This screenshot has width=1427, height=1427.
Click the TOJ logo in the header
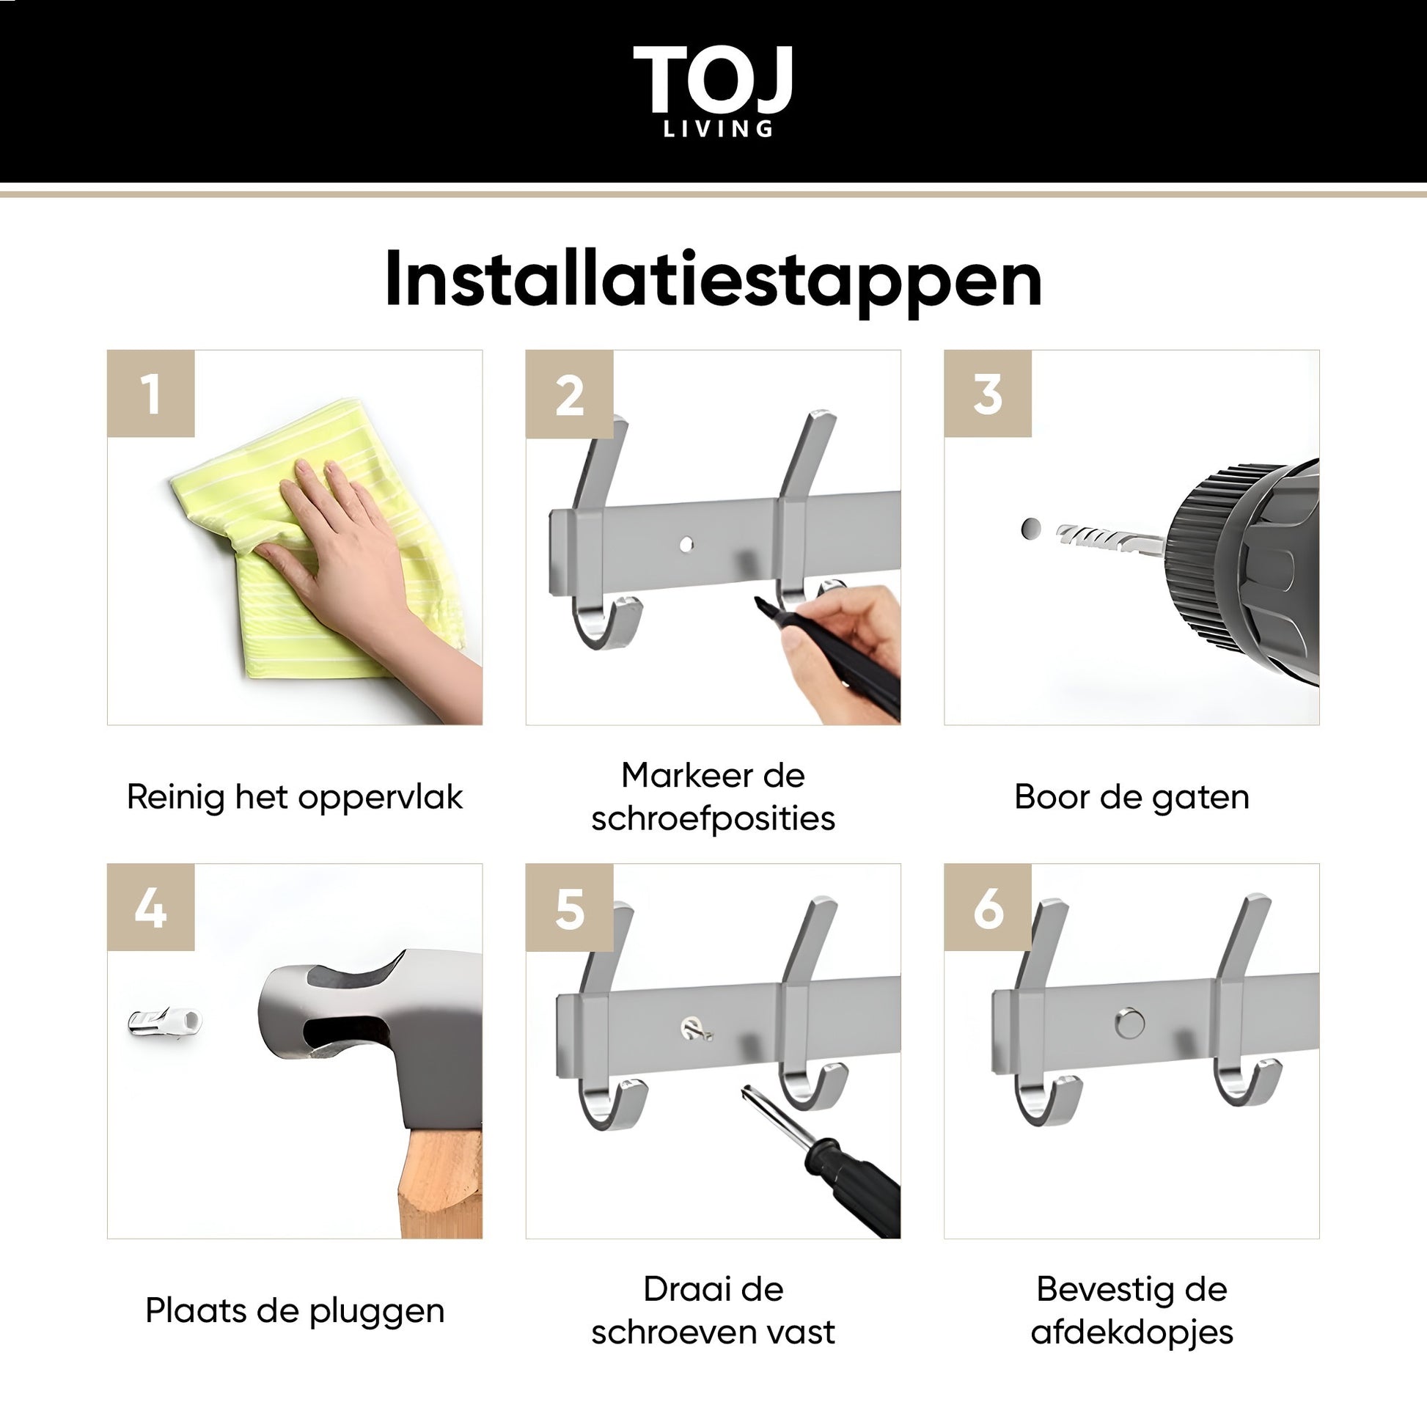(713, 91)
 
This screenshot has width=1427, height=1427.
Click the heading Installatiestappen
(713, 280)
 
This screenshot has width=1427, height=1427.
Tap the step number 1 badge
(150, 394)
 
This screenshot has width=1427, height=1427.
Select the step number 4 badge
(150, 908)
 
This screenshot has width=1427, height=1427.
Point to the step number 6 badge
(988, 908)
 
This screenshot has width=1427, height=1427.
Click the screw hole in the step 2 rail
(687, 544)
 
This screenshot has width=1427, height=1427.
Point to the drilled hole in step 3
(1031, 528)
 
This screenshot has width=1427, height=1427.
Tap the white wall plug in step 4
(165, 1021)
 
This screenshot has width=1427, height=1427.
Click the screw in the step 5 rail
(695, 1029)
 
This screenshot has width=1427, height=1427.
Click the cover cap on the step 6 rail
(1130, 1024)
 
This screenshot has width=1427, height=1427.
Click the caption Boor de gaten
(1131, 798)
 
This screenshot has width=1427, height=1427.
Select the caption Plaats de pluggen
(295, 1312)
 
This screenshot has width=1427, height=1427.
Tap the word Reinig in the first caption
(176, 798)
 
